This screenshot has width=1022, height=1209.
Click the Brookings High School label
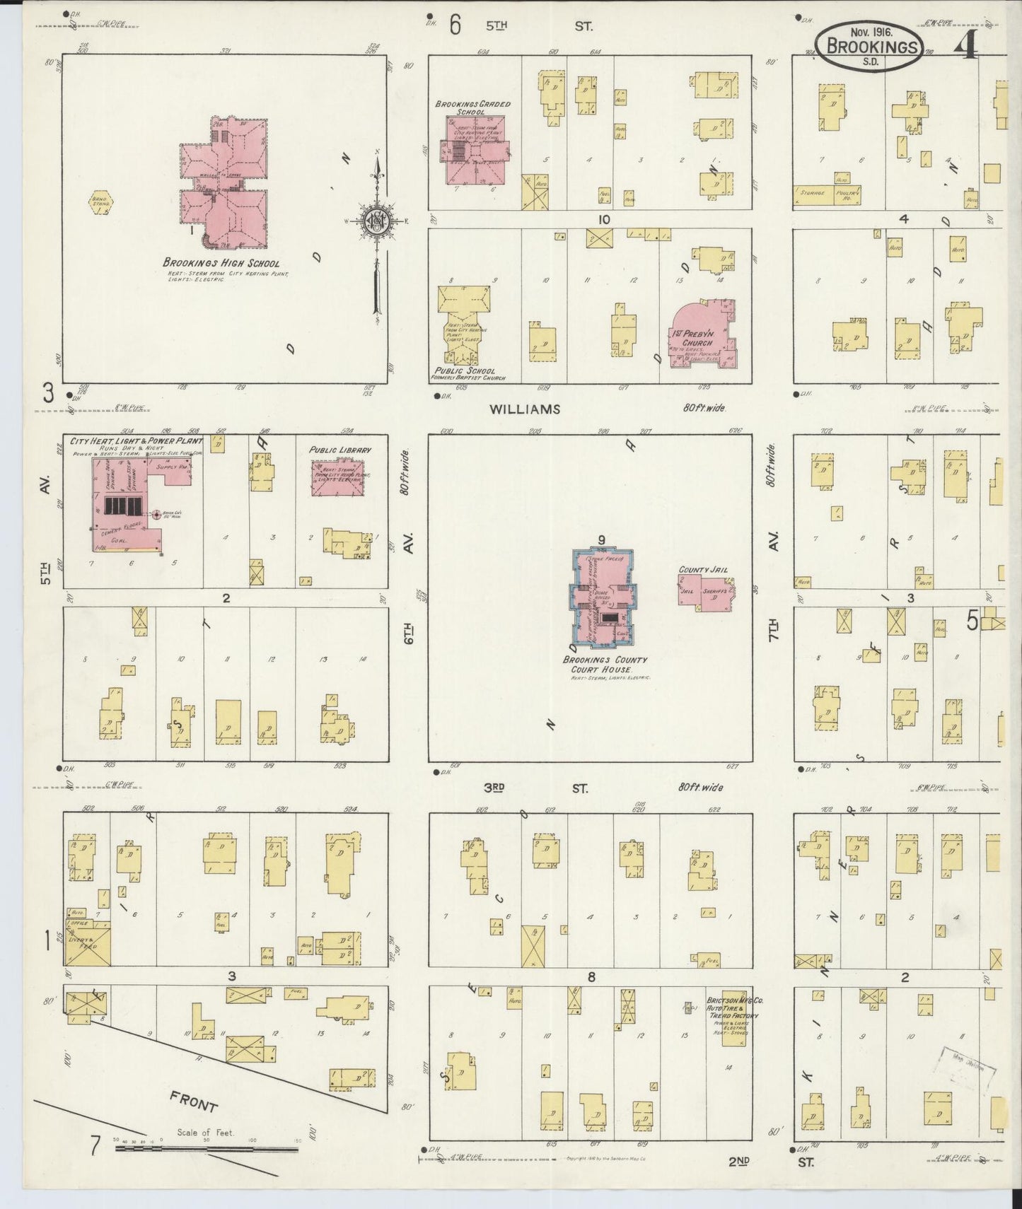[221, 264]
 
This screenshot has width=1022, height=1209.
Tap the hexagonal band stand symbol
[100, 201]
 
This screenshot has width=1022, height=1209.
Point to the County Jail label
[703, 569]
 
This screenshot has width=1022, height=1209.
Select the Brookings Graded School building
[474, 150]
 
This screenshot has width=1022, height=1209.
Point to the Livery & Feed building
[88, 946]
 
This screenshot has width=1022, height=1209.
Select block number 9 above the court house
[601, 540]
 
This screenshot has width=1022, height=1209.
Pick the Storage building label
[813, 192]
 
